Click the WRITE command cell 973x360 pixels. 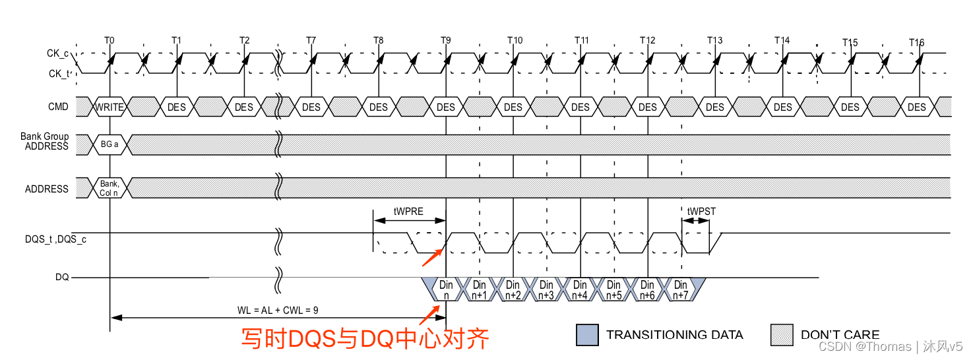point(110,107)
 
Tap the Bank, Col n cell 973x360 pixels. point(110,189)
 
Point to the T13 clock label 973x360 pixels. point(714,40)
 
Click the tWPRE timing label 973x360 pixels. point(409,212)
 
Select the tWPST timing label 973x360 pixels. point(701,212)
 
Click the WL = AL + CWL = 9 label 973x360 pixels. point(278,309)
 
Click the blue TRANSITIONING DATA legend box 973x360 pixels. point(587,334)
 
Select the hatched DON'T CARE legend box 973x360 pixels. point(782,334)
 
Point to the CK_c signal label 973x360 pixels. point(58,53)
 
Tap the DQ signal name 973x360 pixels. point(62,278)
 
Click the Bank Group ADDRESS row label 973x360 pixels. point(45,141)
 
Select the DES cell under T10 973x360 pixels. point(513,107)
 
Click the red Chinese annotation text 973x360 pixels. point(365,339)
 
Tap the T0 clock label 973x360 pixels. point(110,40)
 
